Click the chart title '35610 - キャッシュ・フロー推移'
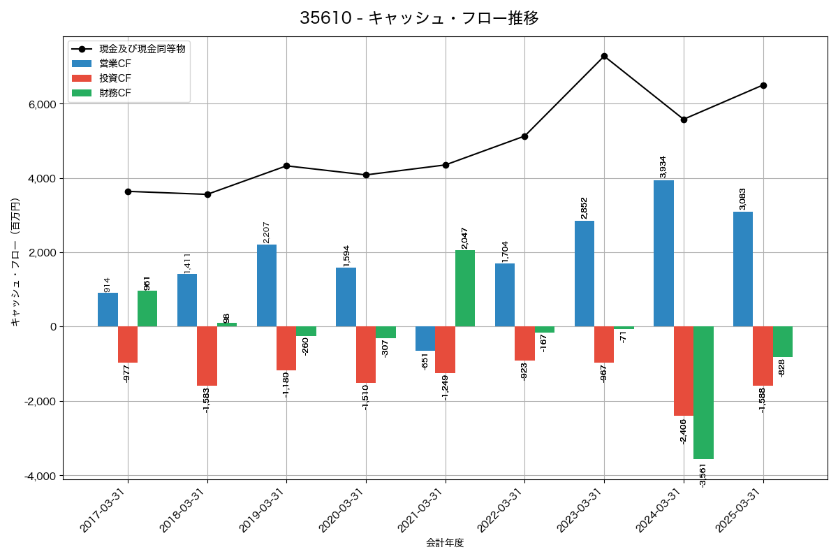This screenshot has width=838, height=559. (x=419, y=18)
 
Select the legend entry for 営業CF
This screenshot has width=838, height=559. (x=115, y=64)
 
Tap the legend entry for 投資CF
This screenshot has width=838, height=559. (x=115, y=78)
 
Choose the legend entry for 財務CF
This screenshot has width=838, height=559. (x=115, y=93)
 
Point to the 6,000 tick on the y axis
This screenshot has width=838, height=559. (x=41, y=104)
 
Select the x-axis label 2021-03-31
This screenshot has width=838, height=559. (x=420, y=511)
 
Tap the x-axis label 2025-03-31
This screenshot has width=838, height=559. (x=738, y=511)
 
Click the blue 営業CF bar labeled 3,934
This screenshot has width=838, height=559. (x=663, y=253)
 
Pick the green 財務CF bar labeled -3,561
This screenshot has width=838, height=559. (x=703, y=393)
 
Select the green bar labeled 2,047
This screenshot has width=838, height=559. (x=465, y=288)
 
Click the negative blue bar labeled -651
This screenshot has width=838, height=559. (x=425, y=339)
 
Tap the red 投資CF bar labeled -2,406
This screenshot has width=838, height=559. (x=684, y=371)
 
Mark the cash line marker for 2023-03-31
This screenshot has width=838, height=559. (x=604, y=56)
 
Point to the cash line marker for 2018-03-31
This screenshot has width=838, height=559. (x=207, y=194)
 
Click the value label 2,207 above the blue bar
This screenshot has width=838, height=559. (x=266, y=233)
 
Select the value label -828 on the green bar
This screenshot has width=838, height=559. (x=781, y=368)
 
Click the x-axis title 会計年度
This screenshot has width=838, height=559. (x=445, y=544)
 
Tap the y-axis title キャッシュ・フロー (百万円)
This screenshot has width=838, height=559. (x=15, y=262)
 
